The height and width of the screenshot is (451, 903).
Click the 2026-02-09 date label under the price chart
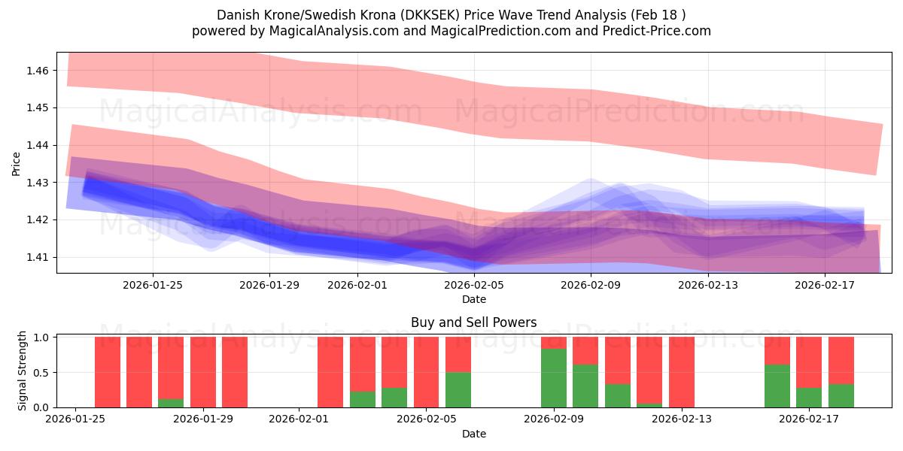591,285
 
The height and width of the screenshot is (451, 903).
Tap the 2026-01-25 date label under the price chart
153,285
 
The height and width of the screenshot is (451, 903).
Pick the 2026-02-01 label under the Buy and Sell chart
299,419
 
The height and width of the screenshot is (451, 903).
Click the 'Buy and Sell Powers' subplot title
473,322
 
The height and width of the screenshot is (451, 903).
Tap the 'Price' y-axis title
17,163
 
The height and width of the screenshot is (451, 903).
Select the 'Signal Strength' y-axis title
23,370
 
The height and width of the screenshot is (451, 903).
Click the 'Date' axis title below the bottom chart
473,434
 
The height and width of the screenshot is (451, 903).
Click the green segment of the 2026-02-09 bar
554,378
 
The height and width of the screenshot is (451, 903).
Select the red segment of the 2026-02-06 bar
458,354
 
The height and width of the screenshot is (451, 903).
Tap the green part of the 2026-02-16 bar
777,386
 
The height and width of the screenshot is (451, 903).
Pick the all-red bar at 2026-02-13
682,372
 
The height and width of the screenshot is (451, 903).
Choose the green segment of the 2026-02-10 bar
585,386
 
